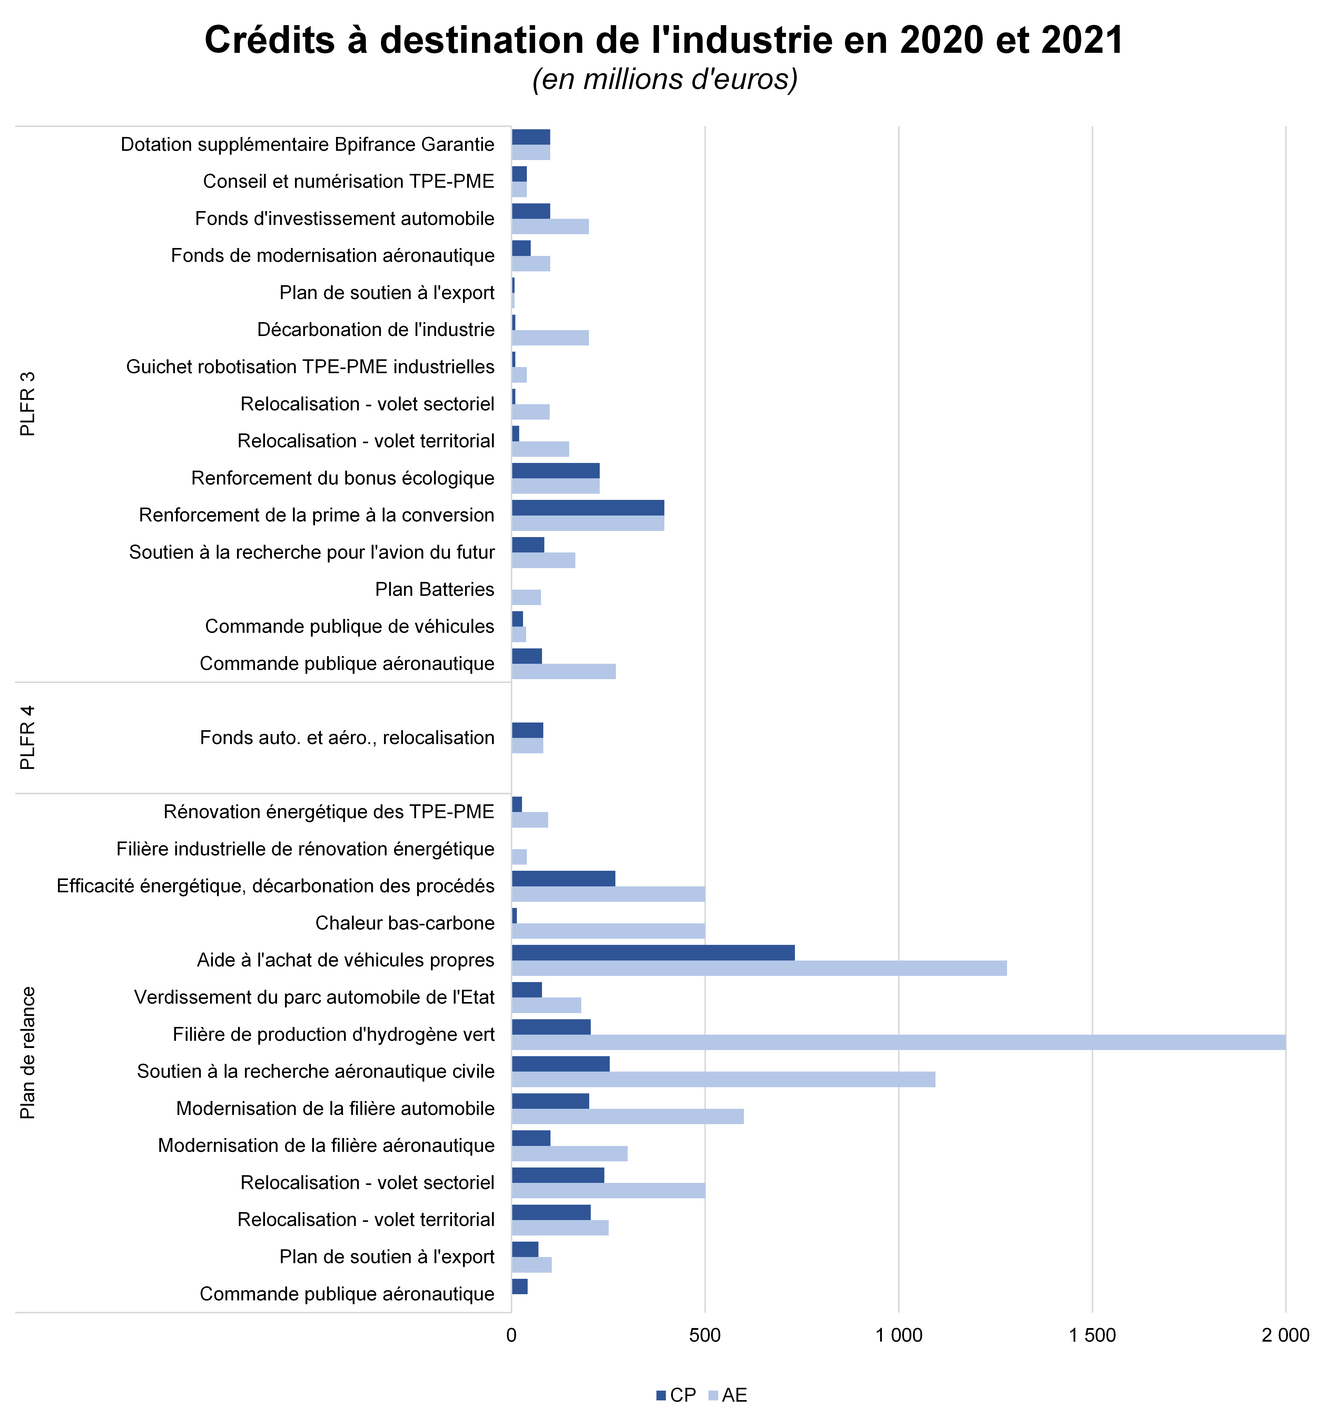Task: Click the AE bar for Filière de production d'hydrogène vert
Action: tap(898, 1042)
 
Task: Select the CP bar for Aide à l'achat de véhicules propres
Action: tap(653, 953)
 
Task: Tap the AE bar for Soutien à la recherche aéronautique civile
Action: tap(723, 1080)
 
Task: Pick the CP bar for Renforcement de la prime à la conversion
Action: tap(588, 508)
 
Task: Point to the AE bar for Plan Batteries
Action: tap(526, 597)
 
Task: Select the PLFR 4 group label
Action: tap(27, 738)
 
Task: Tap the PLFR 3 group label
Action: tap(27, 403)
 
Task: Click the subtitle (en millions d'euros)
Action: tap(664, 79)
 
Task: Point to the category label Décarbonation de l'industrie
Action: tap(376, 330)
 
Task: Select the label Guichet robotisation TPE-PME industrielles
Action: tap(310, 367)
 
